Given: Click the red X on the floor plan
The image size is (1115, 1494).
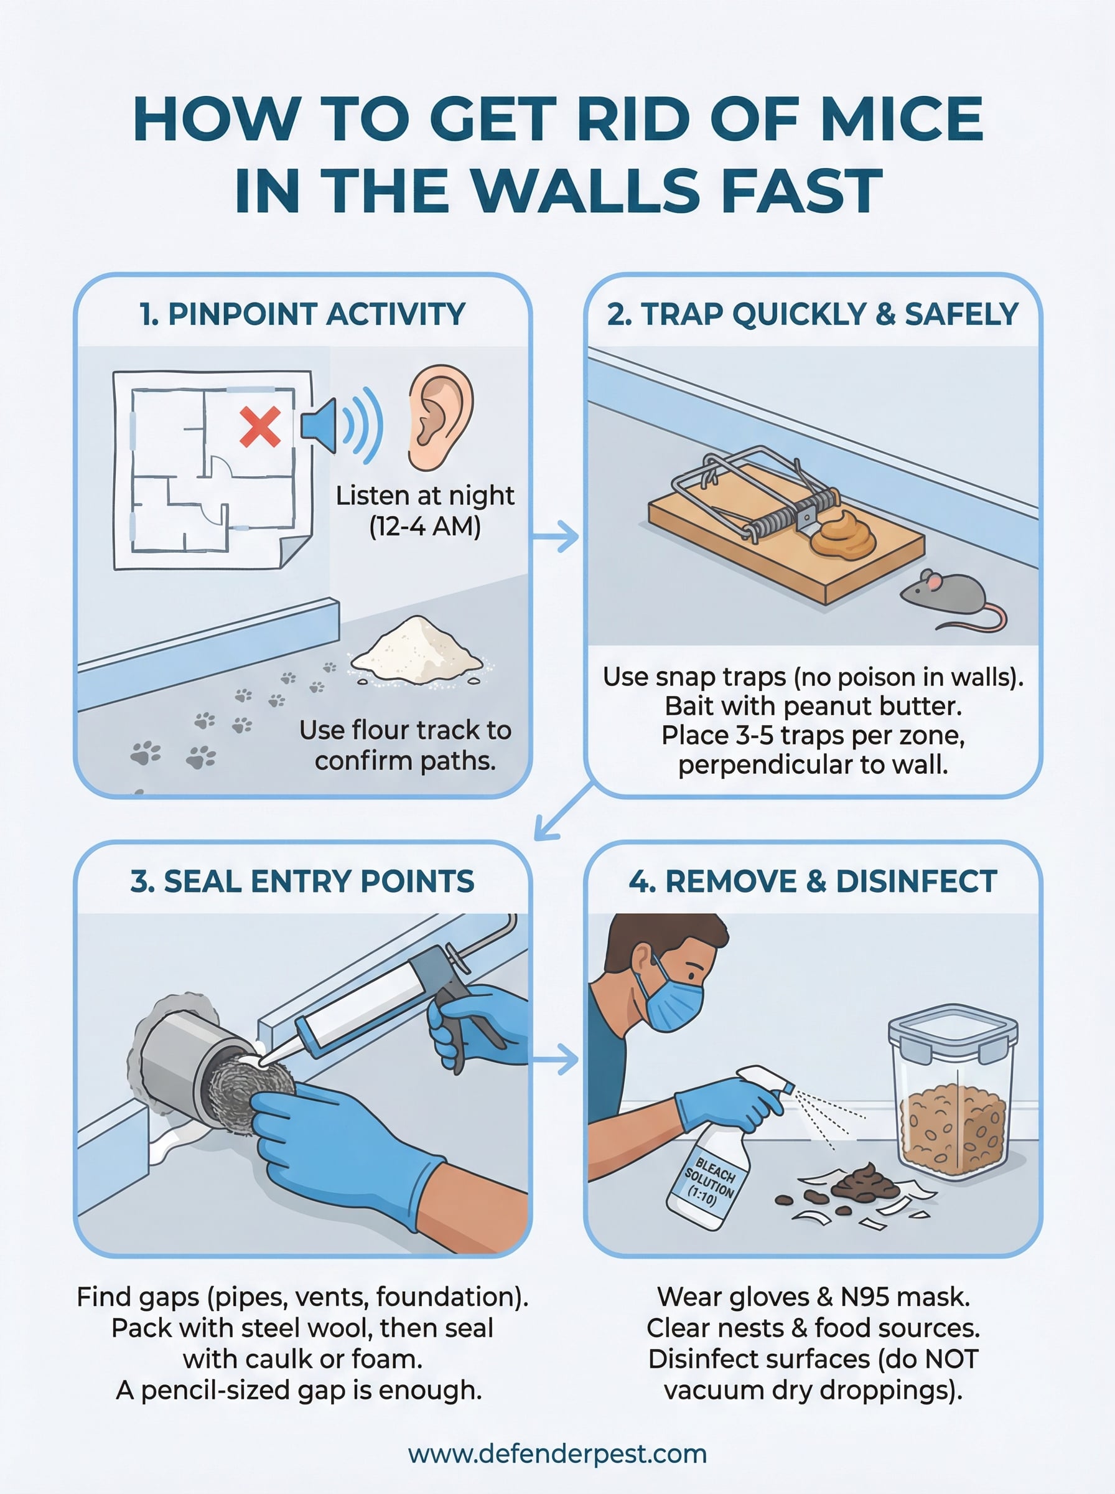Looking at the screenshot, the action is point(260,427).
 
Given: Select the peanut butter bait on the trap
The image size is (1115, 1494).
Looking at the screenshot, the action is point(843,535).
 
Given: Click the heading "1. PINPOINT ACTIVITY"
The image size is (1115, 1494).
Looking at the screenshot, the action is point(302,314).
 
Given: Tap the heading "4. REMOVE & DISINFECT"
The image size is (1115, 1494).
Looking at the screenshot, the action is point(813,881).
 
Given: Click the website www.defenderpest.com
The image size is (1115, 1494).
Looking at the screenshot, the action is point(557,1454).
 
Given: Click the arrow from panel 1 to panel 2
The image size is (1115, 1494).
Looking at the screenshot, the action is point(556,537).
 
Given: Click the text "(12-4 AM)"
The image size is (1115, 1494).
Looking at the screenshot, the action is point(425,526).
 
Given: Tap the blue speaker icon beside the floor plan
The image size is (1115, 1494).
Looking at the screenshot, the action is point(319,426).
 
